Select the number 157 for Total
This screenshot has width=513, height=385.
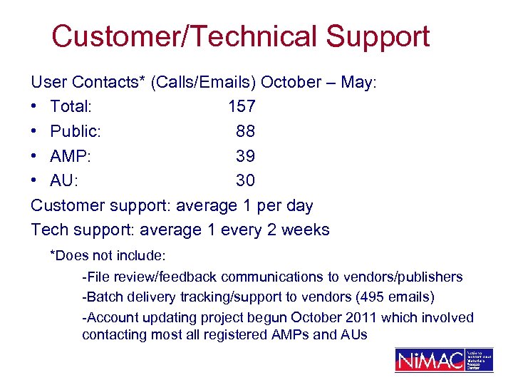242,107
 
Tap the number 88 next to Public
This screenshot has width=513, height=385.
246,131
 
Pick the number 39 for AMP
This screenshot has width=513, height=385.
246,156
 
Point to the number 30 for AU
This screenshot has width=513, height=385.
246,181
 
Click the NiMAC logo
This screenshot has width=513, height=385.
443,360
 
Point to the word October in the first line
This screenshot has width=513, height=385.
291,82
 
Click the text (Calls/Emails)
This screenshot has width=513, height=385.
204,82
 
